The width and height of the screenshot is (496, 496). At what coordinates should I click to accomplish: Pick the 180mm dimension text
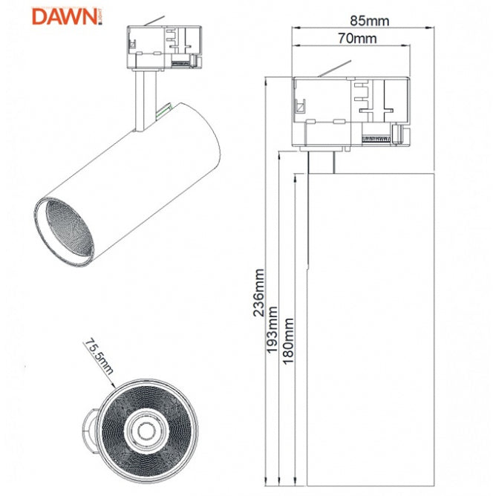(288, 339)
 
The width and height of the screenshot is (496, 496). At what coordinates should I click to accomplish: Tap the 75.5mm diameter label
(97, 356)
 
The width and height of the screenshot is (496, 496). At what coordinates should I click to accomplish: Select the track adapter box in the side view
(349, 111)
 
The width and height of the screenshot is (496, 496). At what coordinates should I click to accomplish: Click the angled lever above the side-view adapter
(332, 71)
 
